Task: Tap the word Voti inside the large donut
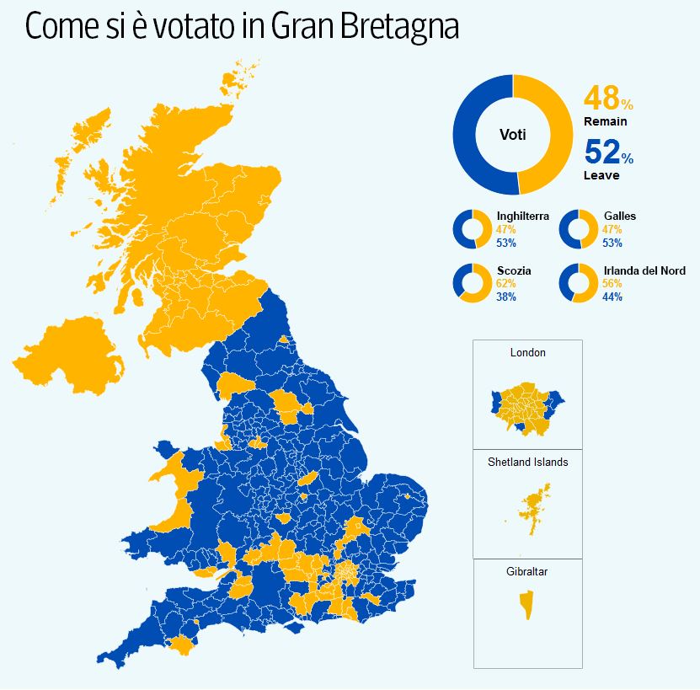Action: point(513,135)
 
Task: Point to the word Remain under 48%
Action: point(605,122)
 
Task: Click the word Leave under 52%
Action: point(601,175)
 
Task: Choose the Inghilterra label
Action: point(522,217)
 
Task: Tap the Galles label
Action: point(619,217)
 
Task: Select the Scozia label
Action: point(514,271)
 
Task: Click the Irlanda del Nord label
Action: point(644,271)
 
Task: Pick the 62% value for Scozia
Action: point(506,284)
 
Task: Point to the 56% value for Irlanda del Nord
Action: point(612,284)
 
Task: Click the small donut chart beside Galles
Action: point(578,229)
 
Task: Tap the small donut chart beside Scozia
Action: point(472,283)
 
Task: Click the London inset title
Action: point(527,353)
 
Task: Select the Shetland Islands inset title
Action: point(527,463)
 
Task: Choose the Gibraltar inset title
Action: point(527,572)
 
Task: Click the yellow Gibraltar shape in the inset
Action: point(527,605)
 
